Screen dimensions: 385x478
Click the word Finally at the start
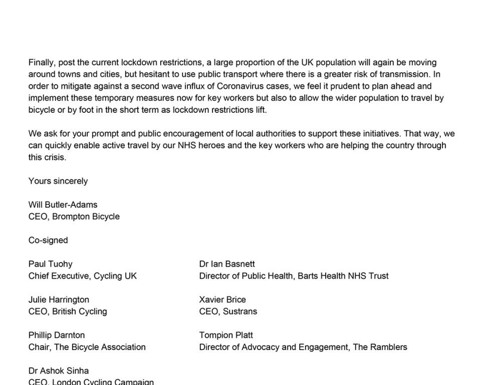[41, 63]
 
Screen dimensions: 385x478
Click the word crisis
[55, 157]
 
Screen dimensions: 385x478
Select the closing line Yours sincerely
[58, 181]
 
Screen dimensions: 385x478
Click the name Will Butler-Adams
[63, 205]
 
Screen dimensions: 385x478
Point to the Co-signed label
[48, 240]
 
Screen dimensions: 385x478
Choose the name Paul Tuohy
[51, 264]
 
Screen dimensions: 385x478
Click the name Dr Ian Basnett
[227, 264]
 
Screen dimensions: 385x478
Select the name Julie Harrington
[59, 299]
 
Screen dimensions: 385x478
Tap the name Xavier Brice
[222, 299]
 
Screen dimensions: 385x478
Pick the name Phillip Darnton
[57, 335]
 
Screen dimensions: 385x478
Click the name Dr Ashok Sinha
[59, 370]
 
